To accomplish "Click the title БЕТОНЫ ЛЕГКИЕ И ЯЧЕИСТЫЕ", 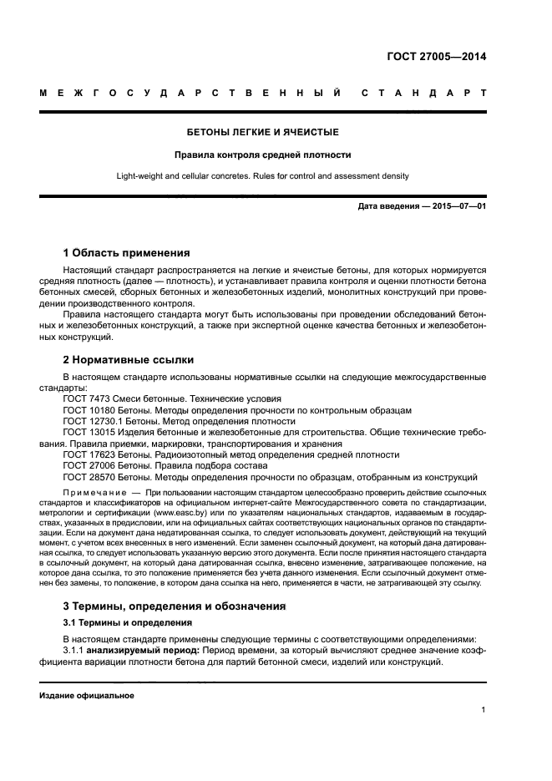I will pos(263,132).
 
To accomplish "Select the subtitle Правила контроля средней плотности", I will pos(263,155).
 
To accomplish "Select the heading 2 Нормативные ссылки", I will pos(129,360).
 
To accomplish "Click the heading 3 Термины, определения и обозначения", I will pos(175,604).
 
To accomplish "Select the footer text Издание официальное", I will pos(87,695).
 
